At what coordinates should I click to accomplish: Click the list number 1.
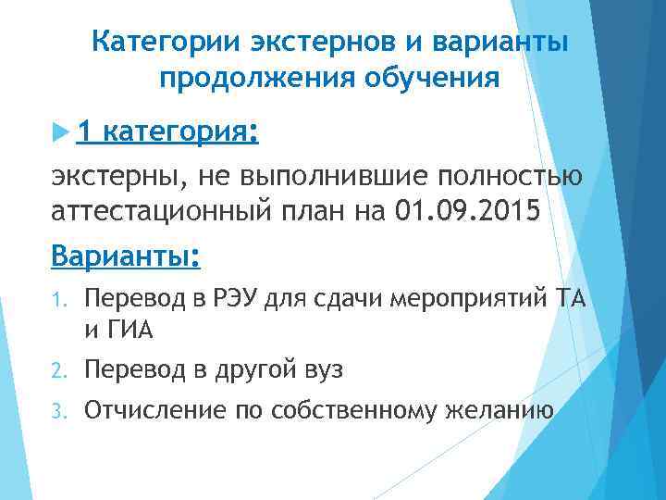(x=55, y=300)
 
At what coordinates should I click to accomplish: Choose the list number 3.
(x=56, y=411)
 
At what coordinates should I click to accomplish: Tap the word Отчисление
(x=147, y=410)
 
